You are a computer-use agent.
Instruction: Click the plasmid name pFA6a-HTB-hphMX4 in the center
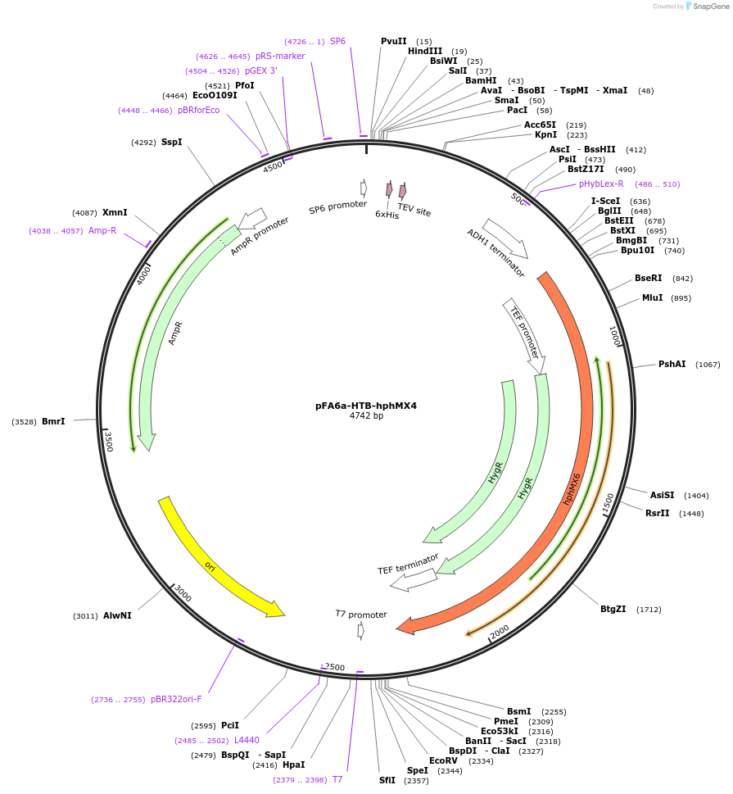click(366, 406)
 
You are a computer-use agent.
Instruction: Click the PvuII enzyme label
click(394, 41)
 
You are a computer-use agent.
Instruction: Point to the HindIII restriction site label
click(425, 51)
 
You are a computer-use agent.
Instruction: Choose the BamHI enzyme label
click(481, 80)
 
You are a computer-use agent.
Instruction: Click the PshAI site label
click(672, 364)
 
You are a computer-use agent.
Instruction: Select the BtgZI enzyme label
click(613, 609)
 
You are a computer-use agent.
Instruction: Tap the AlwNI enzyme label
click(117, 615)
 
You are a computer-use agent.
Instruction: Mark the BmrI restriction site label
click(53, 421)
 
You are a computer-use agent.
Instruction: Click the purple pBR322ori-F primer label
click(176, 700)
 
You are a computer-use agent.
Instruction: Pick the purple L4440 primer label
click(247, 740)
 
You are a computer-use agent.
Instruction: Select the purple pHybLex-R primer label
click(601, 184)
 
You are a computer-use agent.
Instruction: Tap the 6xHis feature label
click(387, 214)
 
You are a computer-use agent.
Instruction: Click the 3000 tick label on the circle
click(183, 594)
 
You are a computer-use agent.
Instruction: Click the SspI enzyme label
click(172, 142)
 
